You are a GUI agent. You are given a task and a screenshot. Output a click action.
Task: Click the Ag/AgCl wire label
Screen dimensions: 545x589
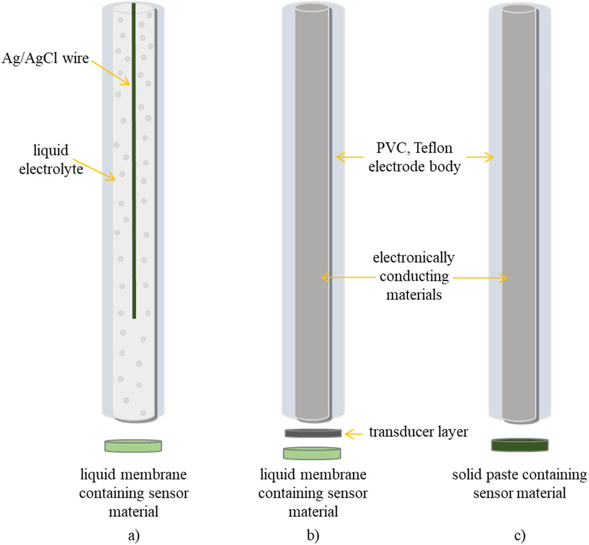click(x=45, y=58)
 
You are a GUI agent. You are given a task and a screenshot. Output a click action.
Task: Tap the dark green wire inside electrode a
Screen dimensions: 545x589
click(x=134, y=181)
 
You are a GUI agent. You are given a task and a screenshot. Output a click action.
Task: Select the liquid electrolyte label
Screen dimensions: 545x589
click(x=51, y=159)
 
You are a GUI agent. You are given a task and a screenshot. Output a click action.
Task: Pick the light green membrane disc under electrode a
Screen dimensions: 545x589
click(x=133, y=446)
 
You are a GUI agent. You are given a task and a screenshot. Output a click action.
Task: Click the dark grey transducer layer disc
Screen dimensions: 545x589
click(x=313, y=433)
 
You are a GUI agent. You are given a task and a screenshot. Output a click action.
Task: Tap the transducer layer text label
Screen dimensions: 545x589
click(x=418, y=432)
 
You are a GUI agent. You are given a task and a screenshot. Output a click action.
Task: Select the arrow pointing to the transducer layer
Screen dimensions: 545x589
click(x=354, y=434)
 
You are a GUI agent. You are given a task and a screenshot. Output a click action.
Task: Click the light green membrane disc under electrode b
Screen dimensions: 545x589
click(x=312, y=453)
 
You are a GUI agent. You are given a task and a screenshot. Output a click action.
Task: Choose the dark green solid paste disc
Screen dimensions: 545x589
click(x=519, y=445)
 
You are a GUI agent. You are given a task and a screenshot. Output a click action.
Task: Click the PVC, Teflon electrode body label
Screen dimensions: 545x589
click(x=414, y=157)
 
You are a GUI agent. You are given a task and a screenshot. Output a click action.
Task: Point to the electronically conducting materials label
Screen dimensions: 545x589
click(x=414, y=276)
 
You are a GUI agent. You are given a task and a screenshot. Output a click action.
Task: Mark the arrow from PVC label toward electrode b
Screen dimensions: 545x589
click(x=349, y=157)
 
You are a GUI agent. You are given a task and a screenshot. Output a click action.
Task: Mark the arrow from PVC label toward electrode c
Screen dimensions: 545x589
click(x=480, y=157)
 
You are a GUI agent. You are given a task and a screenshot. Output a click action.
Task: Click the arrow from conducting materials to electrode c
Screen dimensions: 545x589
click(x=480, y=278)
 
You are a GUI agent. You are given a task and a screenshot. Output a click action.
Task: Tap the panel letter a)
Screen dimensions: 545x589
click(x=134, y=535)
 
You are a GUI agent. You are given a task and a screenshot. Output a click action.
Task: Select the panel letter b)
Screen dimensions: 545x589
click(x=313, y=535)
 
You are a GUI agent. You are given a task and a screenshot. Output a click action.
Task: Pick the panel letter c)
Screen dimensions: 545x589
click(x=520, y=535)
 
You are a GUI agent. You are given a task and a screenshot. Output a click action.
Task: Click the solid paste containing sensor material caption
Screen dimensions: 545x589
click(x=519, y=483)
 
